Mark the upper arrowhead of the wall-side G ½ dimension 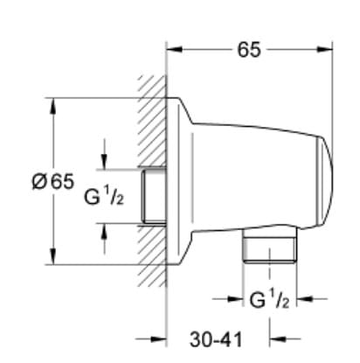click(x=105, y=163)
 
